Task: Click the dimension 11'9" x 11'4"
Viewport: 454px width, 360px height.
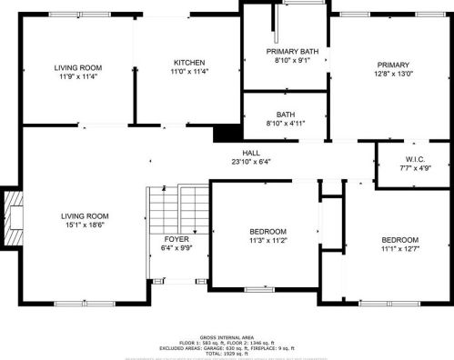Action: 77,77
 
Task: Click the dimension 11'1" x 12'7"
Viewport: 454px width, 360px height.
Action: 399,248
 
